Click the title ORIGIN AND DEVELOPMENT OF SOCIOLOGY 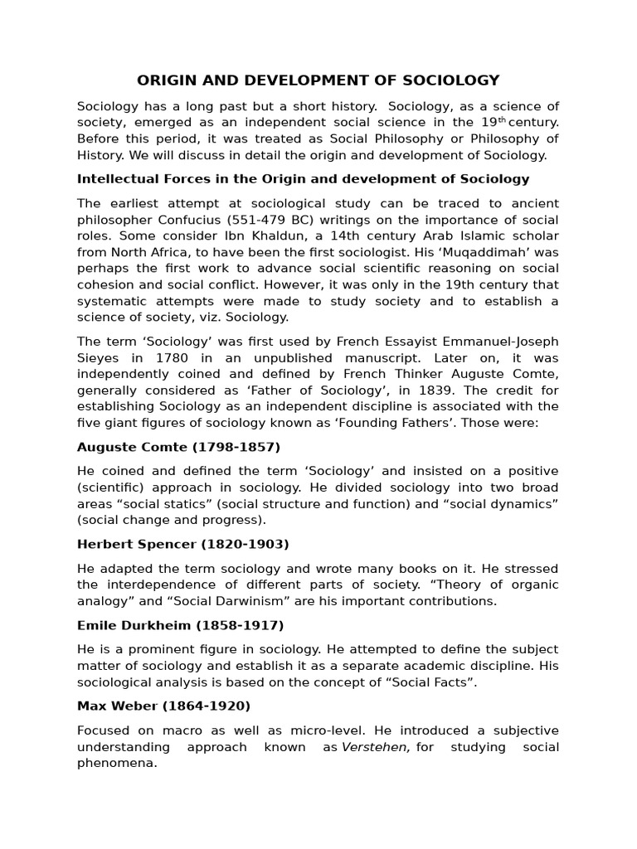318,80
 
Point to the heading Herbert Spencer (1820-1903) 182,545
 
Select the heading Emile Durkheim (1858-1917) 180,625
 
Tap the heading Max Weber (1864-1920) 163,706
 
